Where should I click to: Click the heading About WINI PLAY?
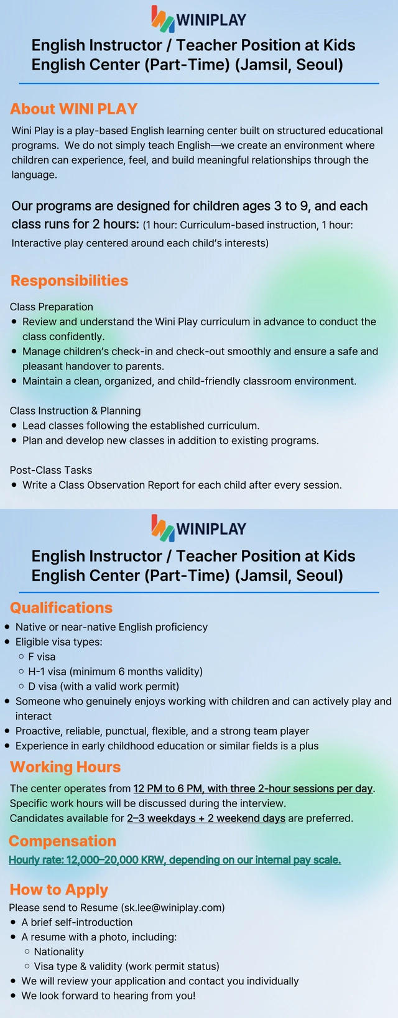(73, 109)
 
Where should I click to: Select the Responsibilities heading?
(69, 280)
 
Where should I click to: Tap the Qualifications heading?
(61, 608)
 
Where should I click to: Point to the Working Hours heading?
(65, 767)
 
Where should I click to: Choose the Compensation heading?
(62, 841)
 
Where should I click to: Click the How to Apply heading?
(58, 889)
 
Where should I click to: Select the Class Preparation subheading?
(51, 307)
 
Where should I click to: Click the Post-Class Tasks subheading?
(50, 470)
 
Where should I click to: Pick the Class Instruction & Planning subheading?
(75, 410)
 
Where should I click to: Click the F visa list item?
(42, 657)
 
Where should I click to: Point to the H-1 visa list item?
(115, 672)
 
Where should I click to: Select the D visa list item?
(103, 687)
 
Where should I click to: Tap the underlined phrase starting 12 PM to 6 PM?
(252, 789)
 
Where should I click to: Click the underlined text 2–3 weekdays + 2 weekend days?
(206, 818)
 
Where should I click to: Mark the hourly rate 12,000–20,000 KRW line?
(175, 860)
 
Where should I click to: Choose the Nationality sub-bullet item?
(58, 951)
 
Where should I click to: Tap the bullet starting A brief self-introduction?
(76, 922)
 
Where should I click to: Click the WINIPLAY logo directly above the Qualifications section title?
(199, 528)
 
